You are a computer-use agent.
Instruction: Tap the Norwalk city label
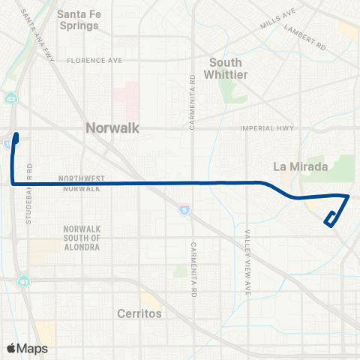112,129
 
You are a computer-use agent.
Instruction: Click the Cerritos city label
139,314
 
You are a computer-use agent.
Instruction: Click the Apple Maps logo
27,348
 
